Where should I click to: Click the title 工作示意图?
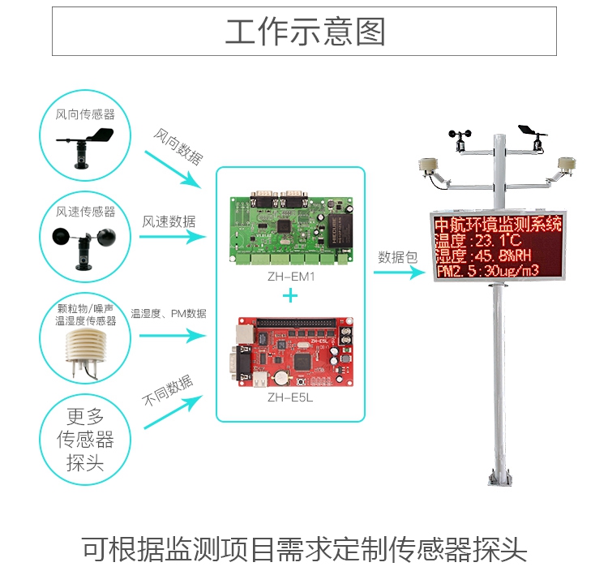[304, 32]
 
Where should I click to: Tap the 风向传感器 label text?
[84, 115]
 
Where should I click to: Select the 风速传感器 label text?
[85, 212]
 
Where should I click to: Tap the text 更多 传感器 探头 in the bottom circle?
[85, 440]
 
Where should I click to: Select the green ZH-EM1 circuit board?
[290, 226]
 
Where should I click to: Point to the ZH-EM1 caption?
[290, 277]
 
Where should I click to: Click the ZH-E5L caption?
[290, 398]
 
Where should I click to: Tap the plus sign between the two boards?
[289, 295]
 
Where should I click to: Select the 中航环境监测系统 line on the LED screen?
[497, 224]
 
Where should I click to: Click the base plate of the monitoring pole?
[497, 480]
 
